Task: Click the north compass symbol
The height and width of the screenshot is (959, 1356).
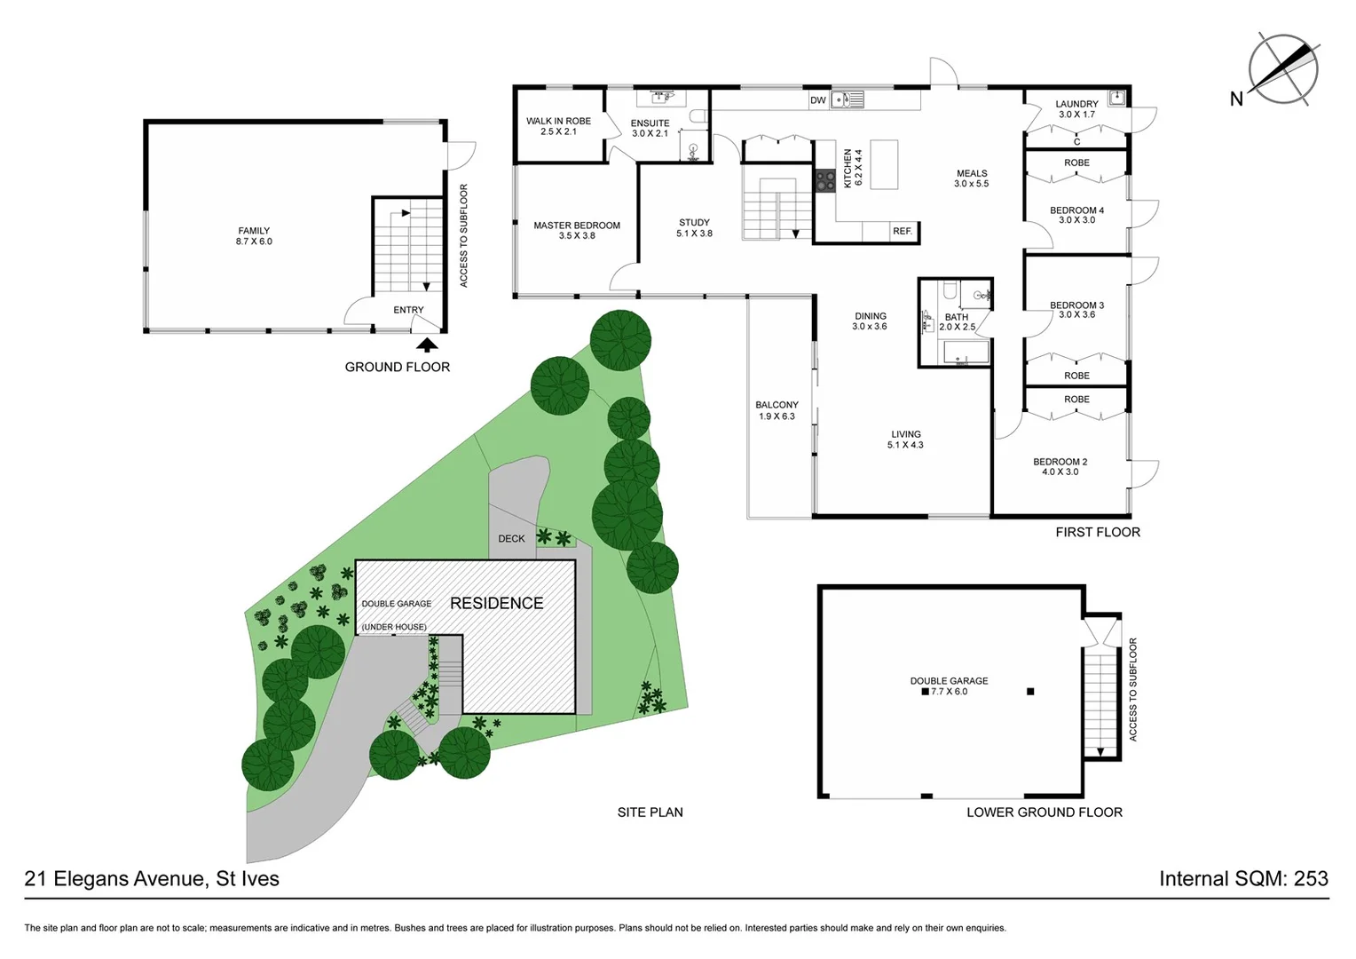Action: click(x=1283, y=69)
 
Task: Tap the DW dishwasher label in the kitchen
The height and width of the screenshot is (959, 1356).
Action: click(x=817, y=100)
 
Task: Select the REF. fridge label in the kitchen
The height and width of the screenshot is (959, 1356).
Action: click(x=903, y=232)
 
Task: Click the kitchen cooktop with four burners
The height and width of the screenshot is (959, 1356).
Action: click(x=825, y=180)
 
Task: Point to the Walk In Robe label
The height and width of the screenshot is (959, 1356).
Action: click(x=558, y=126)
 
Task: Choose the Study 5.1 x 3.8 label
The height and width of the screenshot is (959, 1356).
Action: click(x=694, y=228)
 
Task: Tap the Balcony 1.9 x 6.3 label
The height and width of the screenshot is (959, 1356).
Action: click(x=777, y=410)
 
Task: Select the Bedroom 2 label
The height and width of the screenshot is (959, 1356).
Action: click(x=1060, y=467)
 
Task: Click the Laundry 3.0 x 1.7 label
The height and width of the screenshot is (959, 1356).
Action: click(x=1076, y=109)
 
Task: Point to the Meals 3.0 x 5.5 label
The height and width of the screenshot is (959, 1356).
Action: click(x=971, y=178)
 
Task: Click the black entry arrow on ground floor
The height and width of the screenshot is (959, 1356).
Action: click(x=427, y=345)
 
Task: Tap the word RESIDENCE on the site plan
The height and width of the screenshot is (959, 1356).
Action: click(x=496, y=604)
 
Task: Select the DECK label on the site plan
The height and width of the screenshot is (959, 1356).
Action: click(x=511, y=539)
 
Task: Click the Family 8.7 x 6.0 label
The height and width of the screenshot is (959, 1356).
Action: click(x=254, y=236)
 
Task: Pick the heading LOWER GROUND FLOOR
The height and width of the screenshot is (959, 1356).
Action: click(x=1044, y=812)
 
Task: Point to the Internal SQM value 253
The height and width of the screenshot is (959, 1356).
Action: click(x=1310, y=879)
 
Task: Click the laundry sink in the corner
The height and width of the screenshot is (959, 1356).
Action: click(x=1116, y=99)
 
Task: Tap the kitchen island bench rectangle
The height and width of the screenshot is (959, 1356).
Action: click(x=884, y=164)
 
